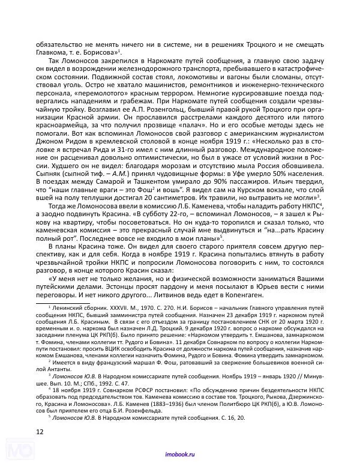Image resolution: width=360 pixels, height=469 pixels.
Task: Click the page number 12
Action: pos(39,430)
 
